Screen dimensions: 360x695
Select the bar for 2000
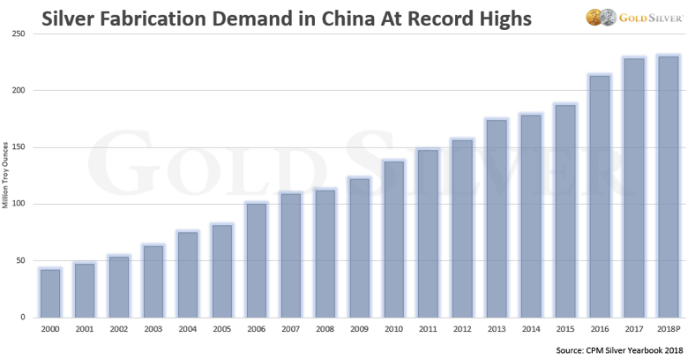click(x=50, y=293)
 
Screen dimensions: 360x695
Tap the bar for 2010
click(x=393, y=239)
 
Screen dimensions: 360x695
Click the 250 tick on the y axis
click(x=18, y=34)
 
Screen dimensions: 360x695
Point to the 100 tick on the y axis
click(x=18, y=204)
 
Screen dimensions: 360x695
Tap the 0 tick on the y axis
click(x=24, y=318)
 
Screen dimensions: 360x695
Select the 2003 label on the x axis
click(x=153, y=329)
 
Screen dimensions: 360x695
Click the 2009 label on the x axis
click(x=359, y=329)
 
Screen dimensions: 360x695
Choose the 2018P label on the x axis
click(x=668, y=329)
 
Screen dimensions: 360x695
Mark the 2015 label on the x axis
click(x=564, y=329)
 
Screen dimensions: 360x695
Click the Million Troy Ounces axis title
click(x=6, y=176)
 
